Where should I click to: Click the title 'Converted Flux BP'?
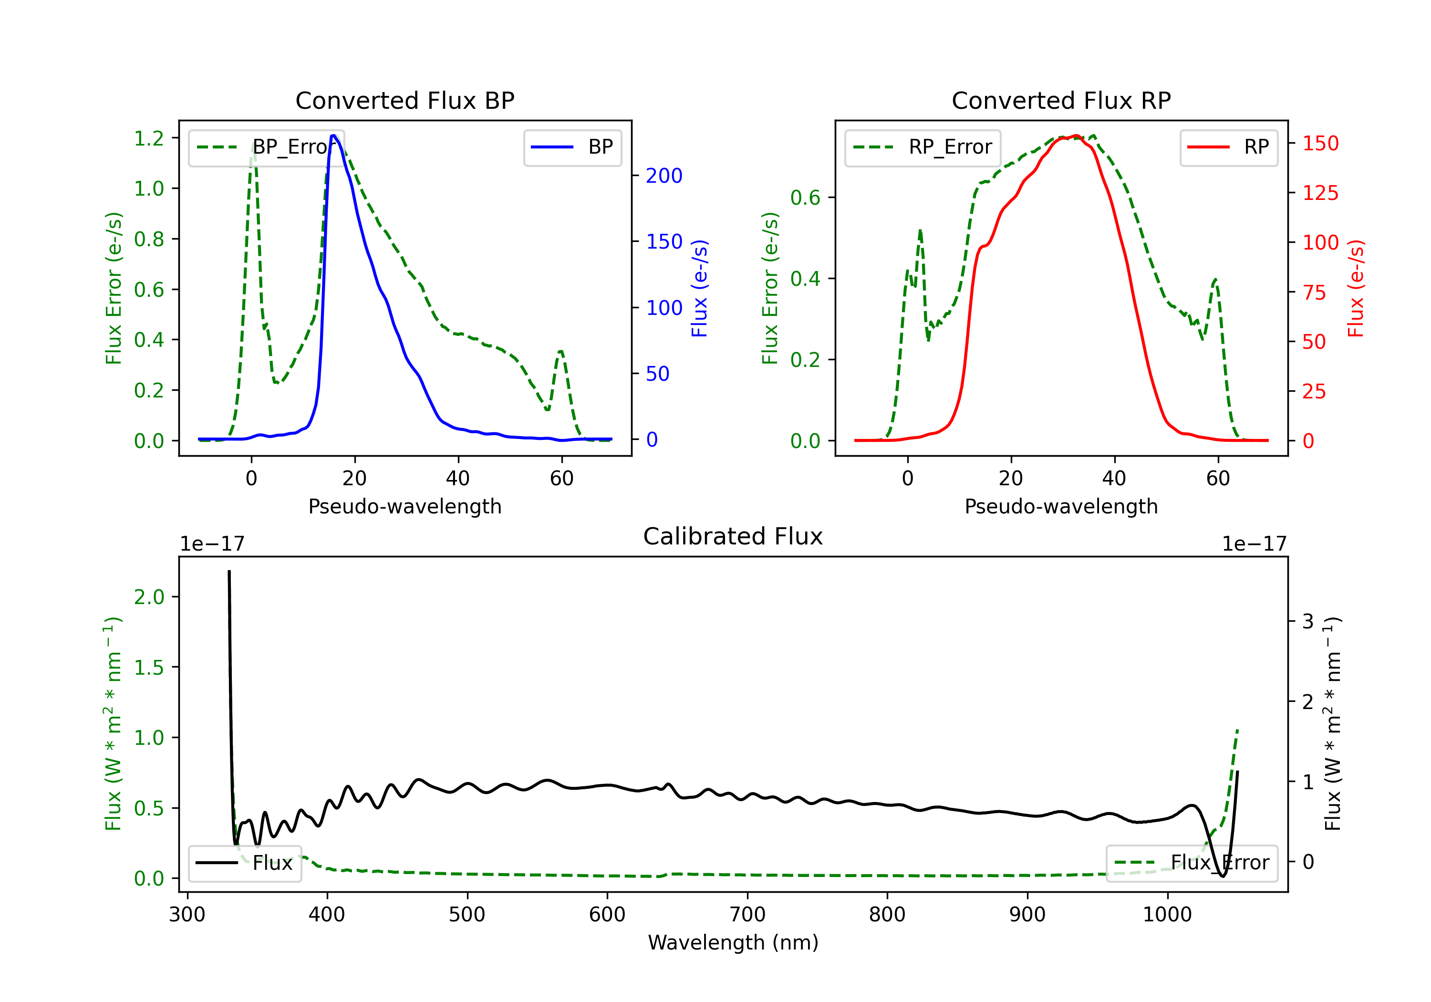[404, 100]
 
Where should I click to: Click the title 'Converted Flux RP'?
[1061, 100]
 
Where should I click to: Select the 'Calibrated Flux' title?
[733, 536]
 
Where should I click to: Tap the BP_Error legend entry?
[267, 147]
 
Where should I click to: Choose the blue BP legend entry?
[572, 147]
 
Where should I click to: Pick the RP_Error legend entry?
[923, 147]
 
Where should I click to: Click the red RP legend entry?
[1228, 147]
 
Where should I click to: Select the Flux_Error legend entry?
[1192, 863]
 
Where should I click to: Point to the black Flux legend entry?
[244, 863]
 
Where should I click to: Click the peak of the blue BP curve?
[334, 136]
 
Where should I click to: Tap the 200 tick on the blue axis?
[664, 176]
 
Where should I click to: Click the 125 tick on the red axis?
[1320, 193]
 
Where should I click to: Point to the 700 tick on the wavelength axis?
[747, 914]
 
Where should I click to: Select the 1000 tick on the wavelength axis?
[1167, 914]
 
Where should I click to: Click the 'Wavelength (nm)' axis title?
[733, 942]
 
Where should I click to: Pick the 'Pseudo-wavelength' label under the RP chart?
[1061, 506]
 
